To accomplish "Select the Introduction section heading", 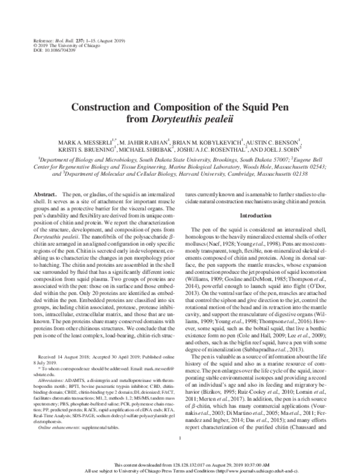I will (x=256, y=215).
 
